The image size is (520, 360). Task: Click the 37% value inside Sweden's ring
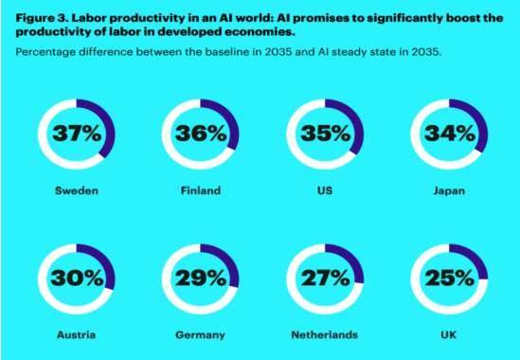click(x=77, y=134)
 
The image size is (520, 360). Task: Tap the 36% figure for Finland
click(x=201, y=134)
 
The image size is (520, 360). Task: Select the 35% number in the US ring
click(x=325, y=134)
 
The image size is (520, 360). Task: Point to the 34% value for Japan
click(x=450, y=134)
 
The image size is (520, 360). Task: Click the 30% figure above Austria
click(x=77, y=278)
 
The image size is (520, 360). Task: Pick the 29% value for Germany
click(x=201, y=278)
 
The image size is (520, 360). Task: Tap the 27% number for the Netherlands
click(x=325, y=278)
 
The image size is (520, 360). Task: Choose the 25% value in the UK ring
click(x=450, y=278)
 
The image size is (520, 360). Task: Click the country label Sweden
click(x=77, y=190)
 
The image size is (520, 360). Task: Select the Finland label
click(x=201, y=190)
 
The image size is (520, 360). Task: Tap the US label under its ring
click(x=325, y=190)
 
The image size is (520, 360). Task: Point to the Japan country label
click(x=449, y=191)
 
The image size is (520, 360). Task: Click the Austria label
click(x=77, y=334)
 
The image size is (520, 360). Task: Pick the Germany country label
click(x=200, y=335)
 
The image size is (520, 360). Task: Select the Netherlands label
click(x=325, y=334)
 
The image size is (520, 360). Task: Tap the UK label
click(x=449, y=334)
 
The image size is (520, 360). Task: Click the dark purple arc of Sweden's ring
click(x=110, y=127)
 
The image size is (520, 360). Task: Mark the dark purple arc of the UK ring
click(x=475, y=258)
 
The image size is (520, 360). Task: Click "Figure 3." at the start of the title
click(x=42, y=18)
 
